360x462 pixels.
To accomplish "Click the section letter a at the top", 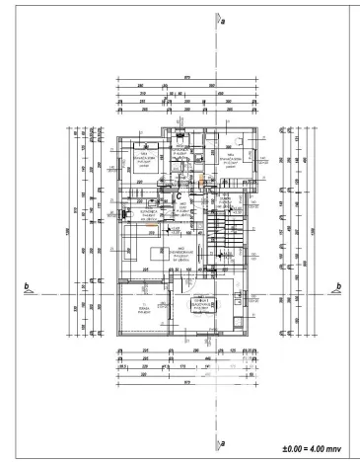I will click(224, 20).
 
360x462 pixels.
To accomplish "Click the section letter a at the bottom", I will click(224, 441).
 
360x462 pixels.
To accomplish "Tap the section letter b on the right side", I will click(337, 287).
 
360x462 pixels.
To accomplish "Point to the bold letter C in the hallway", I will click(179, 194).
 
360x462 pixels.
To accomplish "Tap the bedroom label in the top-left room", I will click(146, 160).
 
